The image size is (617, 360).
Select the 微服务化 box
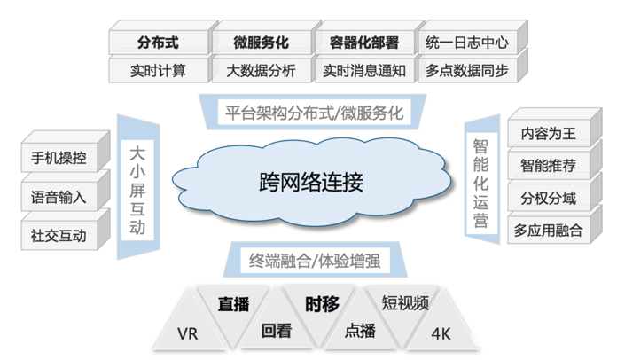point(261,43)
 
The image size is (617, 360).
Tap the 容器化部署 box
point(363,43)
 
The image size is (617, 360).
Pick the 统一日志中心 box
point(467,43)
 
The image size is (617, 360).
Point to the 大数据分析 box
point(261,70)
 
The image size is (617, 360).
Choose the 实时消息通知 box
point(363,70)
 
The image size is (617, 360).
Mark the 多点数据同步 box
point(467,70)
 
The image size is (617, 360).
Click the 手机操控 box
point(59,160)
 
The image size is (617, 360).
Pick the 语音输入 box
point(59,197)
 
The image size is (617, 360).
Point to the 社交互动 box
point(59,234)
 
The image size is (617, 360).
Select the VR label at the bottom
point(188,334)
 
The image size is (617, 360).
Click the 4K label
point(441,334)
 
